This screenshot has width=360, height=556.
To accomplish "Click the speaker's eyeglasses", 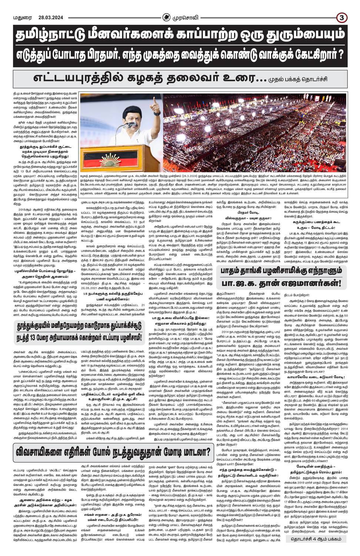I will [134, 120].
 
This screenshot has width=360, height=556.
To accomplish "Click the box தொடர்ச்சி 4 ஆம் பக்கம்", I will [319, 539].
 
